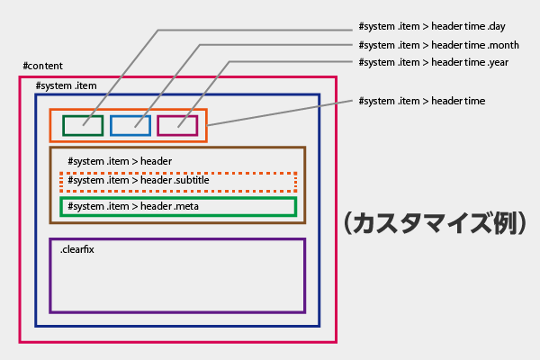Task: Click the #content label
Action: point(42,67)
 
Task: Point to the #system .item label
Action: point(66,85)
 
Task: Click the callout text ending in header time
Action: point(421,101)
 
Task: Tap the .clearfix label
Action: point(77,248)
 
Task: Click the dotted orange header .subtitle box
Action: point(177,181)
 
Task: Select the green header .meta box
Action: point(177,207)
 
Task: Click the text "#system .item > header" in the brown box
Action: point(120,161)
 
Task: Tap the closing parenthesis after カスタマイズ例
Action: point(519,222)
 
